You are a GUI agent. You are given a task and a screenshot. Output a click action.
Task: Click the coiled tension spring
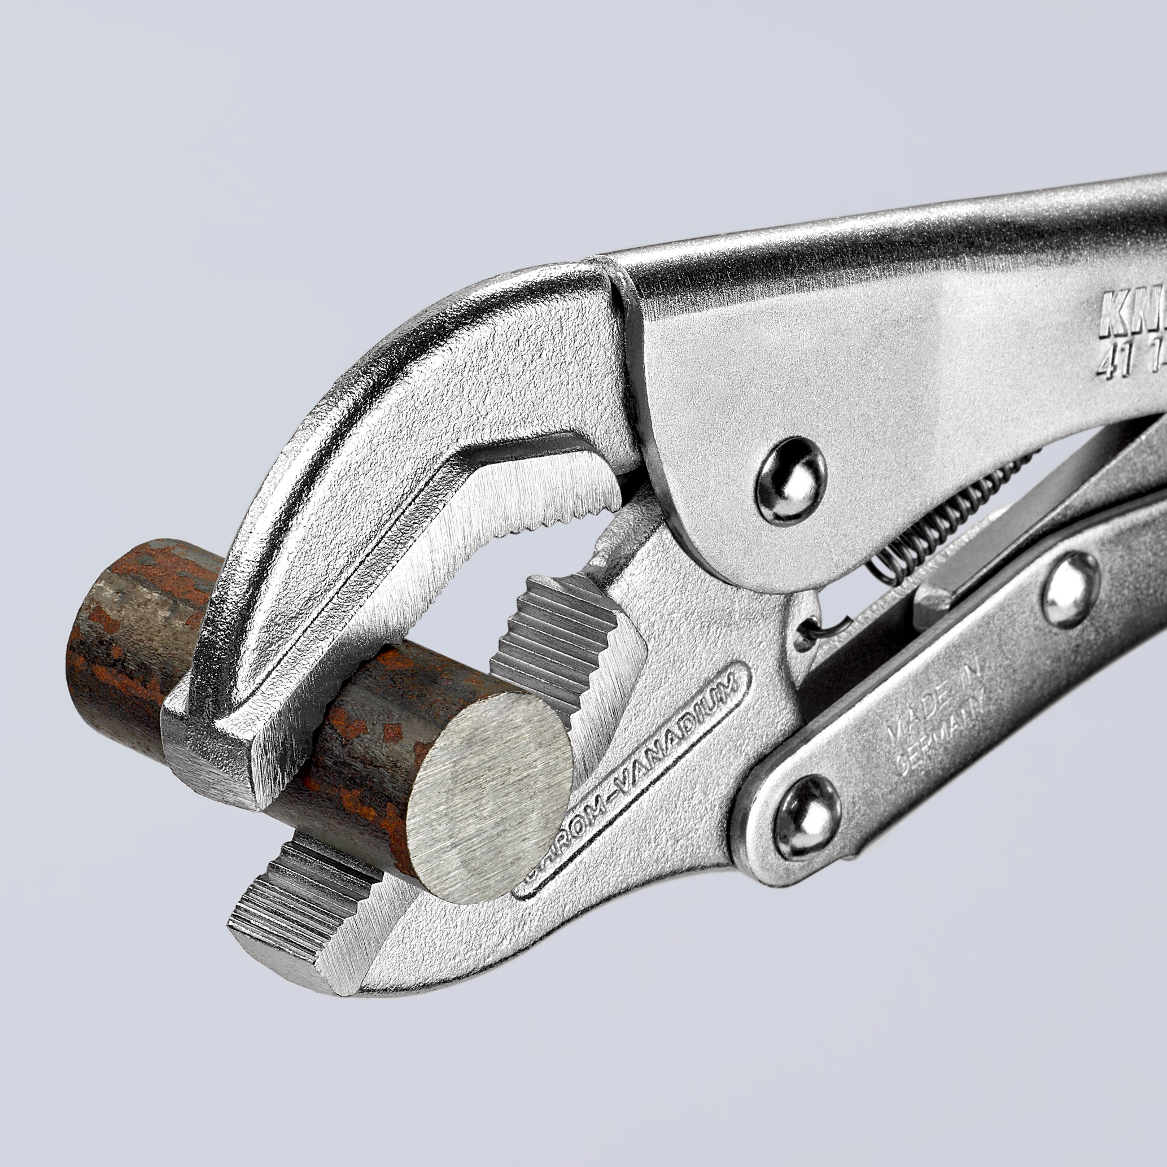tap(942, 519)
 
